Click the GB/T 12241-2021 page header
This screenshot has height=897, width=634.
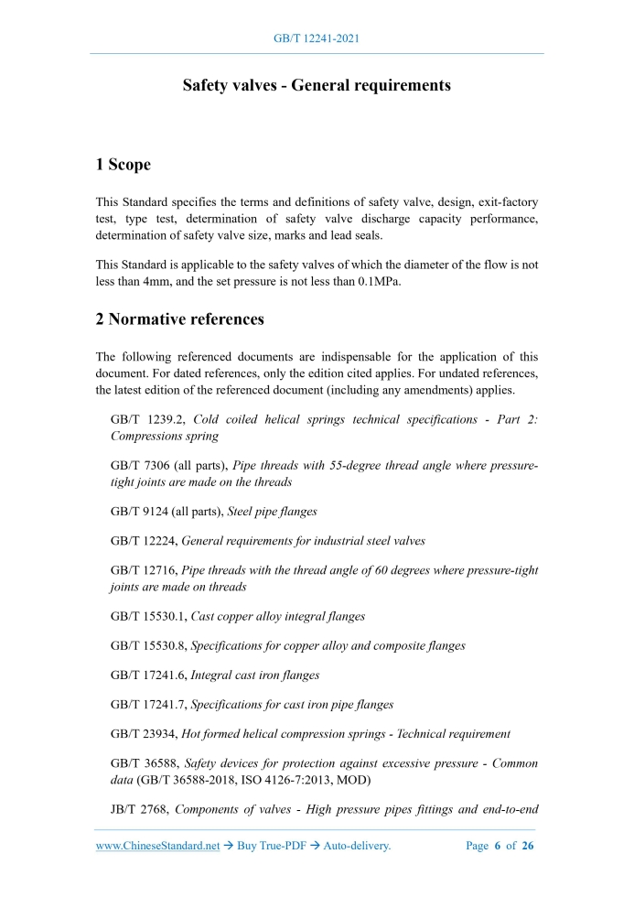(x=317, y=38)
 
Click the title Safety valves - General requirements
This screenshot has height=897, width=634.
(x=317, y=86)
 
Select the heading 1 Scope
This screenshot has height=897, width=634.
(x=124, y=165)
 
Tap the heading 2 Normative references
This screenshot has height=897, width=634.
(x=180, y=319)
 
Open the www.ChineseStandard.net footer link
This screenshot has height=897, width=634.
(x=157, y=846)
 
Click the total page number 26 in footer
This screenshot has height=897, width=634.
(x=527, y=846)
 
